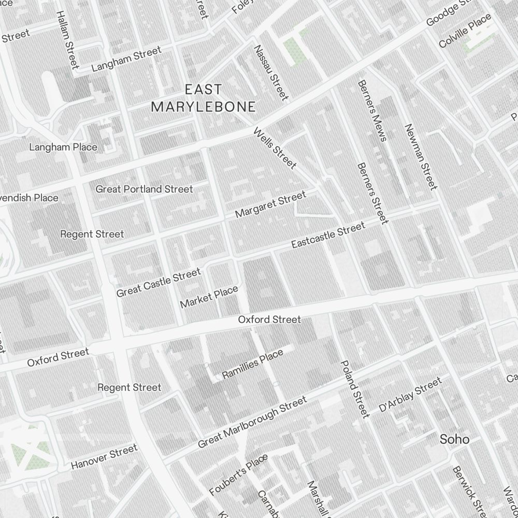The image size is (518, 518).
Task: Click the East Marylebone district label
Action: click(x=203, y=98)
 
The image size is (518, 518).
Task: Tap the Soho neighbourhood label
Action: click(x=454, y=440)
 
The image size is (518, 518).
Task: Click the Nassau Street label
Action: click(x=270, y=73)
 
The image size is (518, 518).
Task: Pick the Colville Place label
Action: click(x=465, y=32)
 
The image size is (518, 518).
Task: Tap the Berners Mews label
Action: click(x=372, y=110)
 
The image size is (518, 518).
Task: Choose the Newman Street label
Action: click(x=421, y=156)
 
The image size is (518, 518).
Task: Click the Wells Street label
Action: click(x=275, y=148)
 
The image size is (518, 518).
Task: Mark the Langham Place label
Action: click(x=63, y=147)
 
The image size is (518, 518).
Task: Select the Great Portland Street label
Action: click(x=144, y=189)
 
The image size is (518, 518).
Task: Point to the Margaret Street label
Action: click(x=270, y=205)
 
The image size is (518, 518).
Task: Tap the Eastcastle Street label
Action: click(x=328, y=235)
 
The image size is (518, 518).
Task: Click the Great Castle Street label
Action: click(x=158, y=283)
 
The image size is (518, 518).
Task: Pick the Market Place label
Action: click(x=209, y=297)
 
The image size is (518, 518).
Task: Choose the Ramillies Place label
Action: click(x=252, y=364)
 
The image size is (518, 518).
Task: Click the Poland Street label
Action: click(x=355, y=388)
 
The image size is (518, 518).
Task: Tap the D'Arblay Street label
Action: click(x=410, y=395)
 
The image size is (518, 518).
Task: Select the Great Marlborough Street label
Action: click(x=252, y=422)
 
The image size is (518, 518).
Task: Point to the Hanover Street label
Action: click(x=104, y=456)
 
